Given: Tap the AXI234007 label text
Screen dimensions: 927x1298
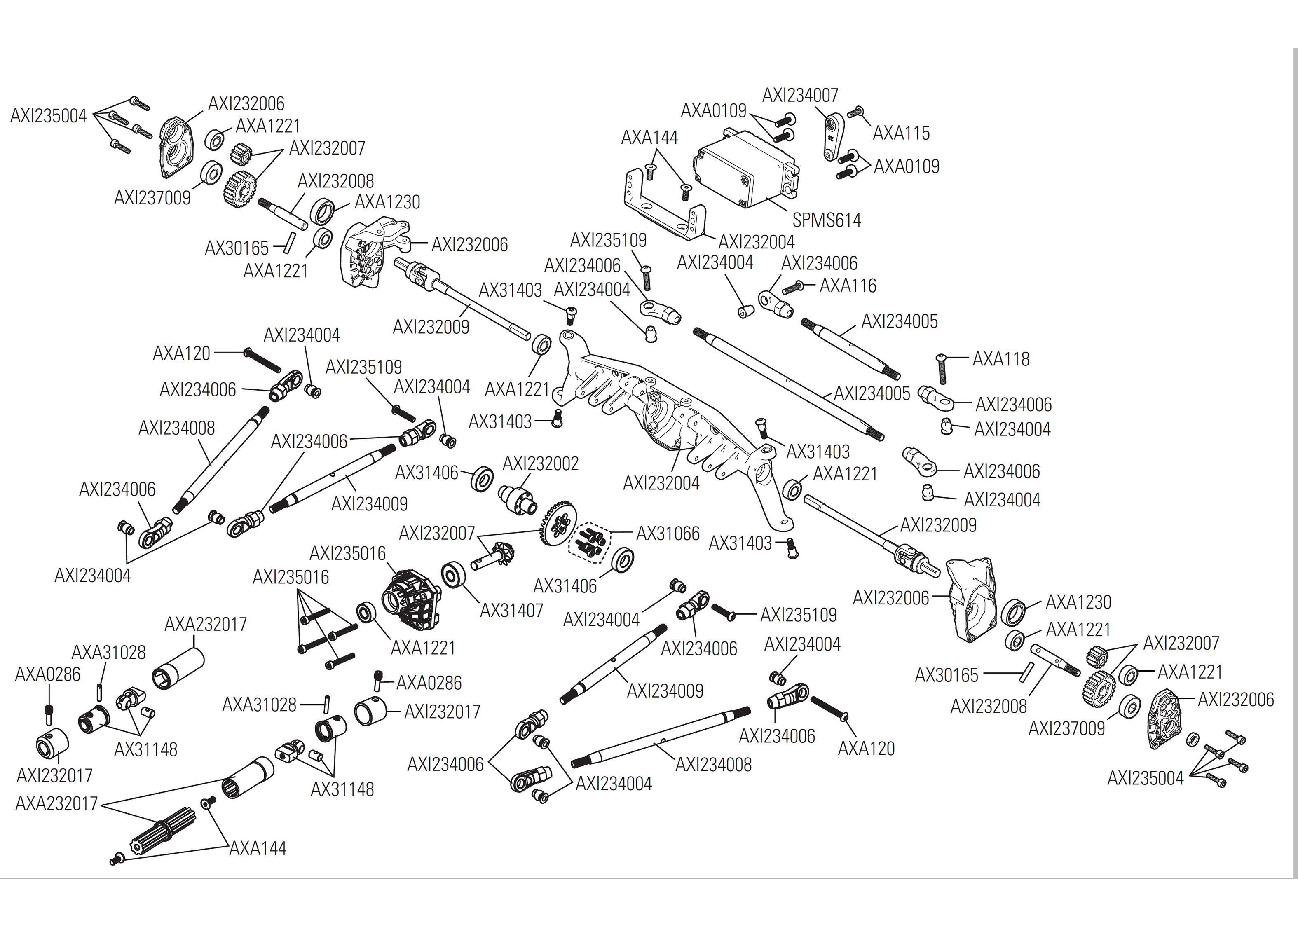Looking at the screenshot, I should click(800, 95).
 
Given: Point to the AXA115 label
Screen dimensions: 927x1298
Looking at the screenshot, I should click(901, 133).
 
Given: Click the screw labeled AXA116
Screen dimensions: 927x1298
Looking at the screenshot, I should click(793, 288).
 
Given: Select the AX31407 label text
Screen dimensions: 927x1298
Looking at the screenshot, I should click(511, 610).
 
